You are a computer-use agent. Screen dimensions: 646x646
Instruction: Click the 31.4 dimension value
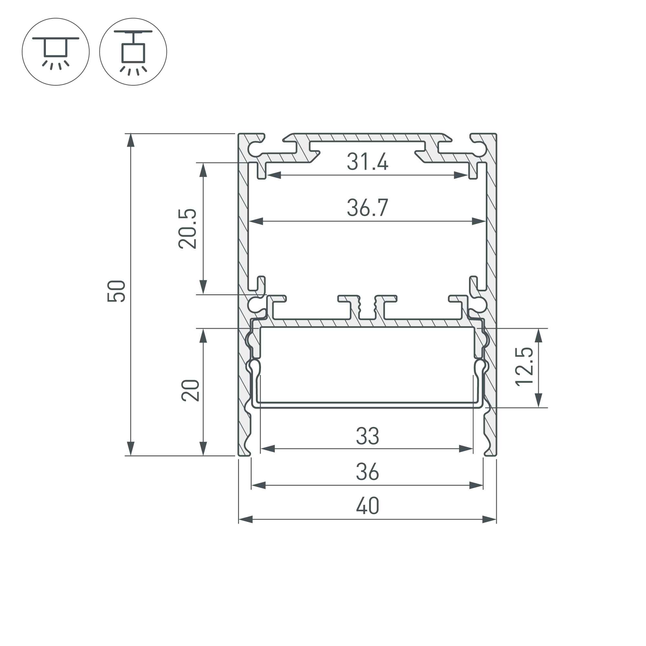(367, 162)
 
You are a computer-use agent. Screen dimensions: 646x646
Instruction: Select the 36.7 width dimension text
(367, 208)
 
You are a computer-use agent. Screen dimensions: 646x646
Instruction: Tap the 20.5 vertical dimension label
(187, 229)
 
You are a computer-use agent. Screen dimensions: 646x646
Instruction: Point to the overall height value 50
(116, 291)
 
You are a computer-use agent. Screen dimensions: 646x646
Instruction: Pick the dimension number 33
(367, 436)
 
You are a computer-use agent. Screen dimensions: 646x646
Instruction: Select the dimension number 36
(367, 472)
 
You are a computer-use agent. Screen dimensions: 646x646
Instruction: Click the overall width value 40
(367, 506)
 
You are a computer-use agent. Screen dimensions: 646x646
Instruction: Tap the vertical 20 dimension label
(190, 391)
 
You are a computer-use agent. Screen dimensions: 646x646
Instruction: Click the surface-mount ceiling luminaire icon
(56, 52)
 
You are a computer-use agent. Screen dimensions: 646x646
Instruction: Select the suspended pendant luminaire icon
(133, 52)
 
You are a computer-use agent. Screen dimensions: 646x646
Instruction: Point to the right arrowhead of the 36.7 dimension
(479, 221)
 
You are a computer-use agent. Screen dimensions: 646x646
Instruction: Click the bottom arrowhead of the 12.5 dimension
(538, 400)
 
